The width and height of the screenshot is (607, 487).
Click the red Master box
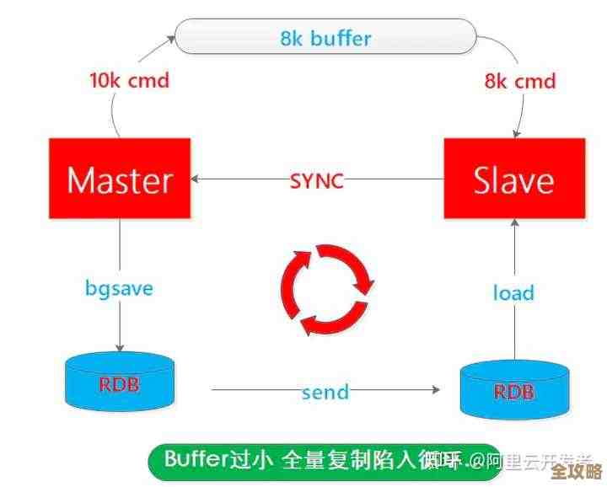[x=119, y=179]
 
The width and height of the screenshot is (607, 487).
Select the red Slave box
[x=513, y=179]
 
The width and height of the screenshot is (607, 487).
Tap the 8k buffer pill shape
[x=325, y=38]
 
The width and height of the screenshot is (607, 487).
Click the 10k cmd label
[x=129, y=81]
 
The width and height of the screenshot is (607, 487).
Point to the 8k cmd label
[x=519, y=81]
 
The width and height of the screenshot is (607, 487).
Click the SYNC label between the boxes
[x=317, y=180]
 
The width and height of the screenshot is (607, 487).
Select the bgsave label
[x=119, y=287]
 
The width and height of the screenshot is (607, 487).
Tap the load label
[x=513, y=292]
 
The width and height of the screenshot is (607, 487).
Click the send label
[x=325, y=391]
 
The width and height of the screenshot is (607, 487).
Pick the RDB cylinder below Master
[x=120, y=383]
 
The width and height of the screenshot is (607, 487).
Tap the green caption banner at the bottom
[x=325, y=461]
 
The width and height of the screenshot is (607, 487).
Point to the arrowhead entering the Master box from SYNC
[x=196, y=179]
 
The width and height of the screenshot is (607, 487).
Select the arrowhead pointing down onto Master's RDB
[x=120, y=347]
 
